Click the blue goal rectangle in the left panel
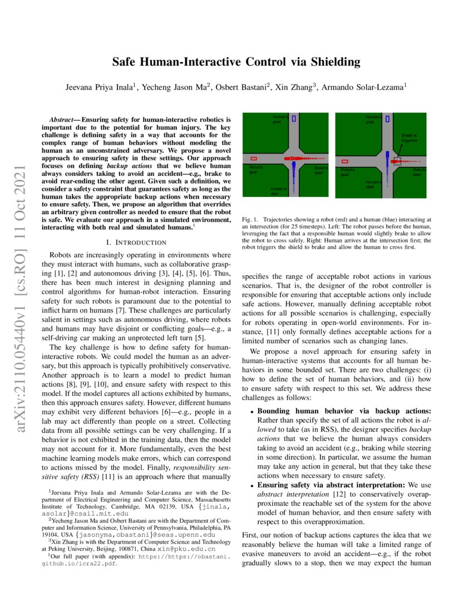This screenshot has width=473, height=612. [293, 119]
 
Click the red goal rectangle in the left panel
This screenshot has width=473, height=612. [254, 159]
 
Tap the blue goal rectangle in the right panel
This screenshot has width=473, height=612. [387, 119]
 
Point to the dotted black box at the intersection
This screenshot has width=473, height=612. [396, 161]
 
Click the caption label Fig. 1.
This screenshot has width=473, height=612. [249, 220]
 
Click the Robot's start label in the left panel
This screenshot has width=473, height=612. [322, 170]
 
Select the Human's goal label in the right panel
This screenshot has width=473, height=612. [373, 119]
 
